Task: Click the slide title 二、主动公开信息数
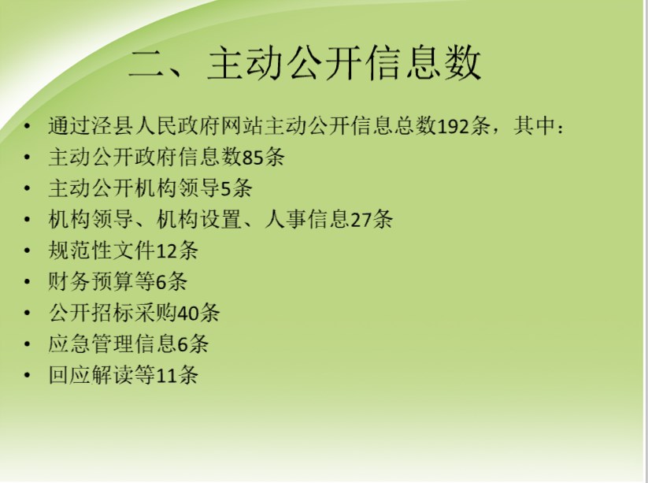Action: pyautogui.click(x=305, y=63)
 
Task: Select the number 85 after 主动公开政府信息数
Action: pyautogui.click(x=253, y=157)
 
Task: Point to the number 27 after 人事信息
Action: pyautogui.click(x=361, y=220)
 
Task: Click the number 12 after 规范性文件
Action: pyautogui.click(x=167, y=251)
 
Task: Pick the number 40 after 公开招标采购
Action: pyautogui.click(x=188, y=313)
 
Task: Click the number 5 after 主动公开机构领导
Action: pyautogui.click(x=226, y=188)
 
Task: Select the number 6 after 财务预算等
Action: pyautogui.click(x=161, y=282)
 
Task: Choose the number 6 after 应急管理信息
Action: pyautogui.click(x=183, y=344)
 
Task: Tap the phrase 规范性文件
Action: pyautogui.click(x=102, y=251)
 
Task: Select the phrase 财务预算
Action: pyautogui.click(x=91, y=282)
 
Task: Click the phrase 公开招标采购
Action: pyautogui.click(x=113, y=313)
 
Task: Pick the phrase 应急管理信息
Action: pyautogui.click(x=113, y=344)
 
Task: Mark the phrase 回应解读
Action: pyautogui.click(x=91, y=376)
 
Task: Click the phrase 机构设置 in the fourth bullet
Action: pyautogui.click(x=198, y=220)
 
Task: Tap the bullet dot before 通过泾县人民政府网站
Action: pyautogui.click(x=28, y=126)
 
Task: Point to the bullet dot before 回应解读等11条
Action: pyautogui.click(x=28, y=376)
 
